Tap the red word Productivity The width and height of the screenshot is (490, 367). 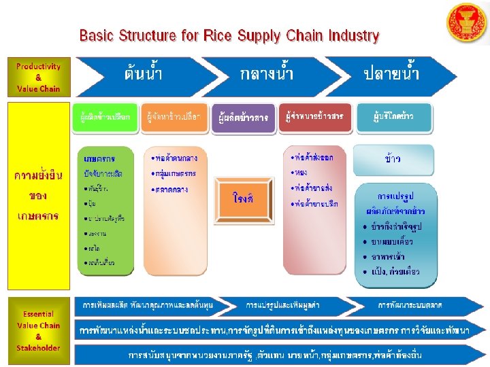[x=39, y=67]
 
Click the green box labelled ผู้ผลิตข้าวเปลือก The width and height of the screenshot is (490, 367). [x=106, y=117]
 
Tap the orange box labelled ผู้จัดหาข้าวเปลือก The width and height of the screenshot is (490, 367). [x=174, y=117]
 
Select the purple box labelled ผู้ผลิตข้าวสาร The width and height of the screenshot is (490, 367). [x=243, y=118]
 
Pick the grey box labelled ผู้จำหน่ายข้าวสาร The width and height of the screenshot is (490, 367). [x=314, y=117]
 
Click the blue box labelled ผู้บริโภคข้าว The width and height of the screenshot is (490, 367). [x=393, y=117]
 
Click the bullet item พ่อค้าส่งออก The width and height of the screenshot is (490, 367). [x=314, y=158]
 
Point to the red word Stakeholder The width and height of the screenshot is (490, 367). [x=39, y=347]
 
